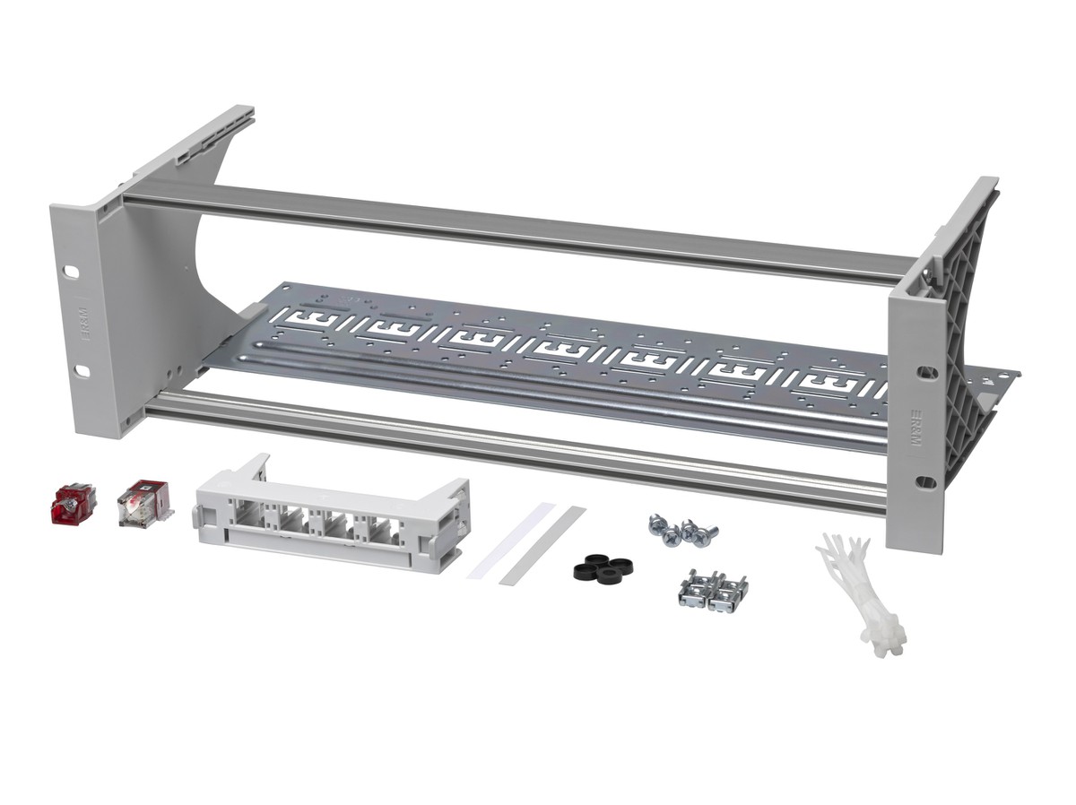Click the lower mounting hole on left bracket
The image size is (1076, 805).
coord(82,370)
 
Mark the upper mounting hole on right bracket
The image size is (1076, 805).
coord(925,369)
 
